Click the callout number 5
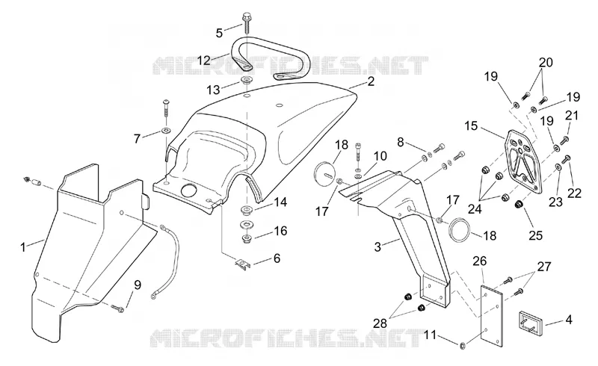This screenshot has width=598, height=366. pos(219,33)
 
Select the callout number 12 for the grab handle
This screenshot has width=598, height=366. pos(204,61)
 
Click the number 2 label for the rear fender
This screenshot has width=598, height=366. pos(371,81)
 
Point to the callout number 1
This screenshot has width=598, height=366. pos(23,247)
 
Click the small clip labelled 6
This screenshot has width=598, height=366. pos(242,264)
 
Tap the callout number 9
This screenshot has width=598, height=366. pos(138,285)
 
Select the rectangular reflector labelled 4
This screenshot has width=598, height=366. pos(528,320)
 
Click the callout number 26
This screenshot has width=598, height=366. pos(480,261)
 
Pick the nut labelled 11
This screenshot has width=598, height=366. pos(463,346)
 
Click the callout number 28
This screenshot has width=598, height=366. pos(380,323)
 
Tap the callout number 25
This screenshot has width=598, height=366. pos(535,235)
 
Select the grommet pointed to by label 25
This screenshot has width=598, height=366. pos(518,205)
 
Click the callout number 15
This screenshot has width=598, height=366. pos(472,125)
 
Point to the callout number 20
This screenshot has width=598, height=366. pos(546,62)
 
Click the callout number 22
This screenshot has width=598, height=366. pos(574,193)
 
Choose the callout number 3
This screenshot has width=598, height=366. pos(377,246)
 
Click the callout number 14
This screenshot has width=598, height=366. pos(280,202)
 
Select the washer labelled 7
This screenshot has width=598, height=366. pos(166,131)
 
